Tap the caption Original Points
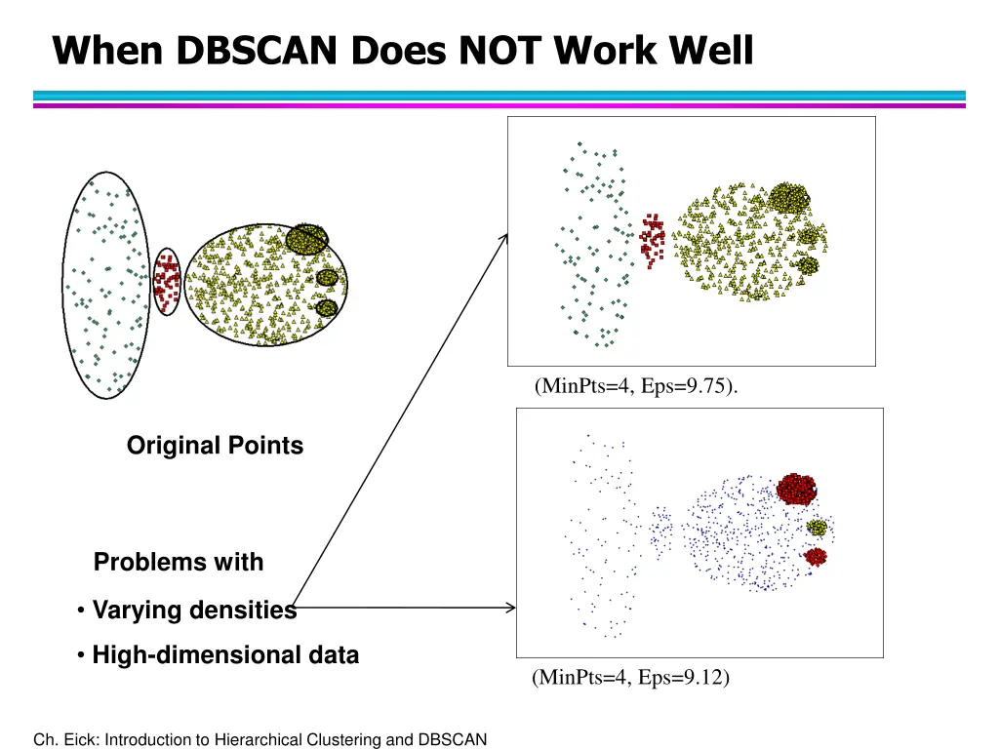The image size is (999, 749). click(x=215, y=446)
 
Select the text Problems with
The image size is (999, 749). click(x=179, y=563)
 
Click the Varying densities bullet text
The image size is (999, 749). click(x=194, y=611)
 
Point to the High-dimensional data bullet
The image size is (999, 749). click(x=225, y=655)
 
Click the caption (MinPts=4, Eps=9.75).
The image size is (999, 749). click(x=636, y=386)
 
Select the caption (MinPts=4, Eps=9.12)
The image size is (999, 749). click(x=630, y=677)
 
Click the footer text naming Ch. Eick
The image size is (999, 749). click(x=260, y=739)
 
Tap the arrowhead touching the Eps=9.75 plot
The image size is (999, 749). click(x=504, y=237)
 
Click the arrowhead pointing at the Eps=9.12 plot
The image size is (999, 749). click(x=510, y=609)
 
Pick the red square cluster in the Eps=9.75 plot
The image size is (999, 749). click(x=652, y=239)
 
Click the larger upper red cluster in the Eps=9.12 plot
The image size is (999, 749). click(x=797, y=488)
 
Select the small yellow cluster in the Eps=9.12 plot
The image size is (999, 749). click(x=817, y=528)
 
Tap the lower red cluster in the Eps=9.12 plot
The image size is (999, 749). click(x=815, y=556)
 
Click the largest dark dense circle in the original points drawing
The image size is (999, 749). click(x=307, y=239)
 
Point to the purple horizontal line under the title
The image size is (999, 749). click(x=499, y=105)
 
